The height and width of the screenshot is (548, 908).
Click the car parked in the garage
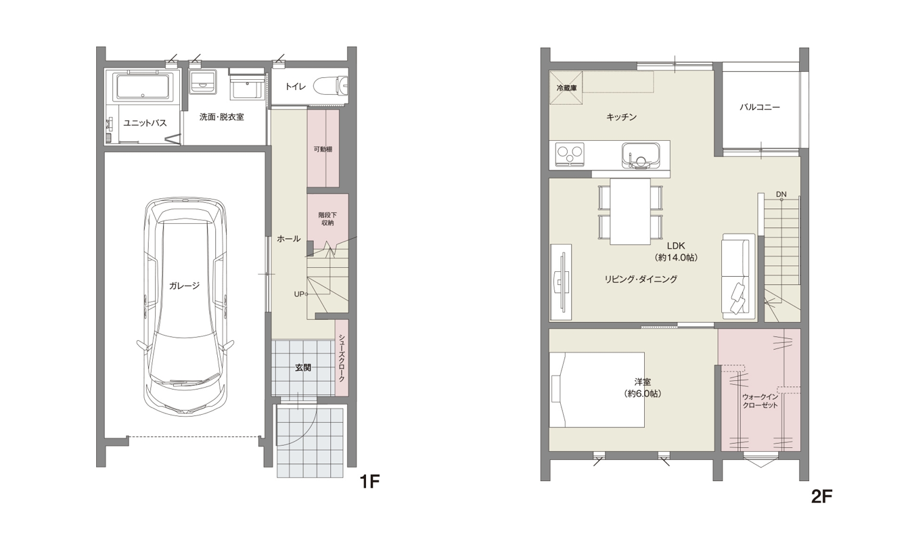(185, 306)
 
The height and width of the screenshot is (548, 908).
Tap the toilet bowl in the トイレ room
(331, 87)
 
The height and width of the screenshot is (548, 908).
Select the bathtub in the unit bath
(143, 87)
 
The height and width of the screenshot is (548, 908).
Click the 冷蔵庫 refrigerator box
(566, 88)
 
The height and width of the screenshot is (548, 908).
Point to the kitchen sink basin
(641, 156)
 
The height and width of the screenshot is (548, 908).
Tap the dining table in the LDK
(630, 211)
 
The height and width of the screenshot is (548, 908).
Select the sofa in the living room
(738, 277)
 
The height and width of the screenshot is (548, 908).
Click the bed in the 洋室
(597, 390)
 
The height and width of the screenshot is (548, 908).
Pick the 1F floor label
(369, 482)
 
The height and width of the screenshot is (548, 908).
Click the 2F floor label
(821, 497)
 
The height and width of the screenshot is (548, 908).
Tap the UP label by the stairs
(299, 294)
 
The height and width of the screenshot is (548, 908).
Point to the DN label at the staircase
(781, 195)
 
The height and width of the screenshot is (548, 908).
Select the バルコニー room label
(760, 108)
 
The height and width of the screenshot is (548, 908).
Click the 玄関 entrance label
(303, 367)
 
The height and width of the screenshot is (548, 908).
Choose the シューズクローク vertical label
(342, 359)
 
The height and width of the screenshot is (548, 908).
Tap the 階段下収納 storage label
(327, 219)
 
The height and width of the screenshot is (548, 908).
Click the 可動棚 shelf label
(323, 149)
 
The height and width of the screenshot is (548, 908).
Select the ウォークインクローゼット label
(760, 401)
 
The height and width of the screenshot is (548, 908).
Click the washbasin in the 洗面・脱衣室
(247, 87)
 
